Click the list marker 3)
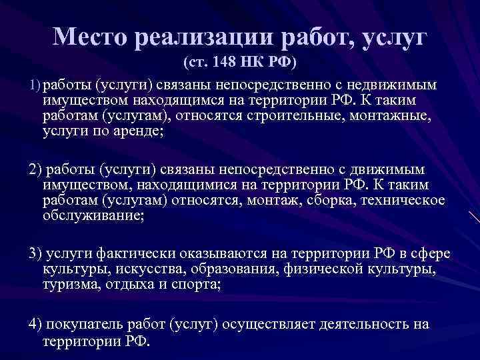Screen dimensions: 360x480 (35, 253)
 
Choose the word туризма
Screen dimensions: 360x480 (69, 285)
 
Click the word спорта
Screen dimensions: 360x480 (197, 285)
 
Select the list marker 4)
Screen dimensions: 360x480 (35, 323)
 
